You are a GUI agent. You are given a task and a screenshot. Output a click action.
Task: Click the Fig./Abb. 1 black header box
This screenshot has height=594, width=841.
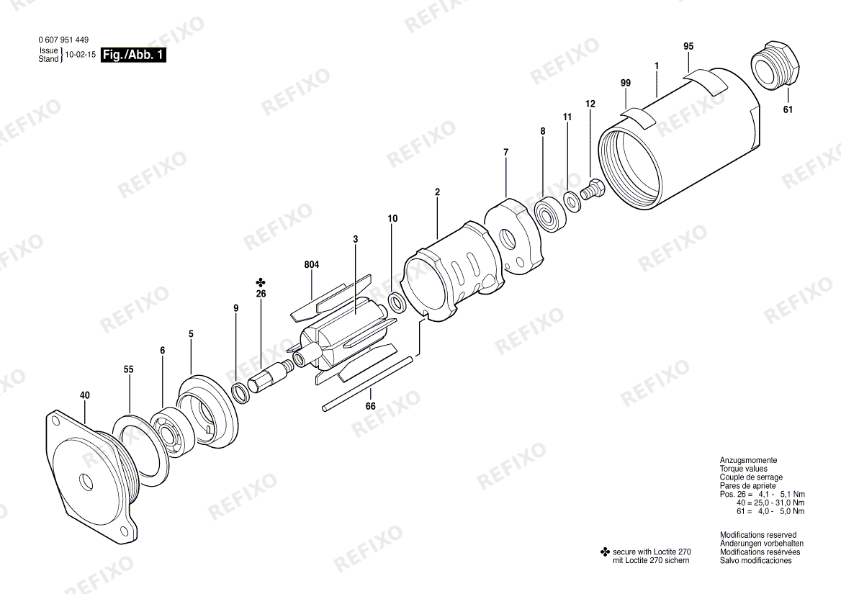[x=133, y=55]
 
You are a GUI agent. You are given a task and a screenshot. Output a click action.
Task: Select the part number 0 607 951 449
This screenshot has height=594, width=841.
[x=63, y=40]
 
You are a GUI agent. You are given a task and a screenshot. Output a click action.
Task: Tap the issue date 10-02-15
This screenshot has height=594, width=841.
[x=81, y=55]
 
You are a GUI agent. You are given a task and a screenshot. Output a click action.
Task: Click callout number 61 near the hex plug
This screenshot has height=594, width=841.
[x=788, y=109]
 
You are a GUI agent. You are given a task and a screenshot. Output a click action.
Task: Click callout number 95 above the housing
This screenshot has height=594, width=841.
[x=688, y=46]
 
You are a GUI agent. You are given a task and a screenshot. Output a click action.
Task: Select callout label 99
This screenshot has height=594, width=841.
[x=626, y=83]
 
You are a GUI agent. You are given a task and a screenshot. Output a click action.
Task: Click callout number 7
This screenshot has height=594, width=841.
[x=505, y=153]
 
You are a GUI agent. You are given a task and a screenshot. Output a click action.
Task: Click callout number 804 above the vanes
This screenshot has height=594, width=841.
[x=312, y=265]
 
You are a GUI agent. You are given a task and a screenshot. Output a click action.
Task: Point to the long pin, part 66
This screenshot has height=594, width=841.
[x=369, y=384]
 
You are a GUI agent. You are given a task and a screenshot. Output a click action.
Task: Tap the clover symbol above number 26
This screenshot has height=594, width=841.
[x=261, y=282]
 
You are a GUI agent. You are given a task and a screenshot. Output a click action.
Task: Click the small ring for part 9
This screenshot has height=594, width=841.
[x=240, y=394]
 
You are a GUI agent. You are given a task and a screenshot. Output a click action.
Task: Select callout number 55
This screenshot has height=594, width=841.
[x=128, y=369]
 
